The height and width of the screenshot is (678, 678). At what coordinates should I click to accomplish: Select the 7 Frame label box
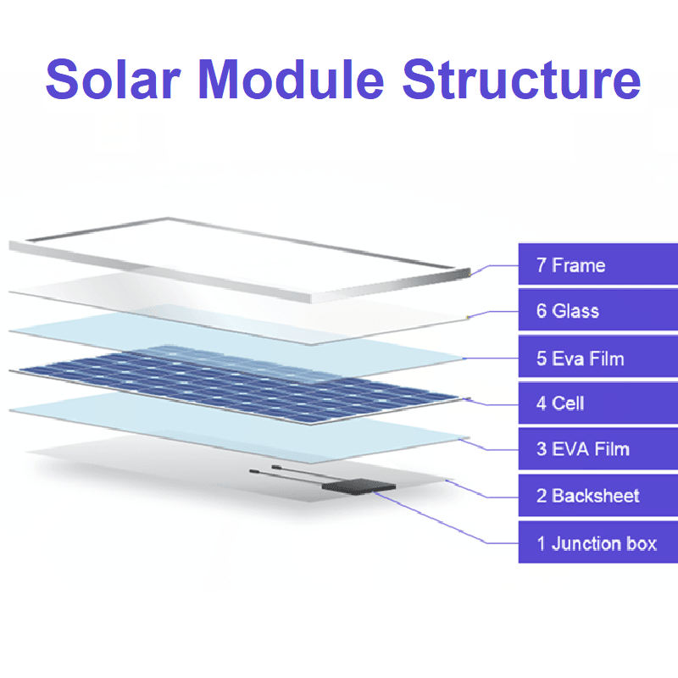coord(598,265)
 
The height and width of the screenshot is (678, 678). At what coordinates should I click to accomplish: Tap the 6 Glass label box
coord(598,311)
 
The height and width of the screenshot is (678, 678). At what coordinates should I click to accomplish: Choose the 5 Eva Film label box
coord(598,358)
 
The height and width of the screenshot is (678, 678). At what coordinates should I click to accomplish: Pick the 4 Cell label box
coord(598,403)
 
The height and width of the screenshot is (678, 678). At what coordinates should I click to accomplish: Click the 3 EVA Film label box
coord(598,449)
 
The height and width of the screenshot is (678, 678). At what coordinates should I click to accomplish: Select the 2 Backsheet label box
coord(598,496)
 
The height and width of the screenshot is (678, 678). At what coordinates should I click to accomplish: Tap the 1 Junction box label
coord(598,542)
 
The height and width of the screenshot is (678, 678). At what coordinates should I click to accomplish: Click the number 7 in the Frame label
coord(541,265)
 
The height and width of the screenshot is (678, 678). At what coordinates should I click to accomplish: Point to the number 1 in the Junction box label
coord(541,543)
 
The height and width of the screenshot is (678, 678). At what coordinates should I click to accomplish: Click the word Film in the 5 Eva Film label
coord(605,358)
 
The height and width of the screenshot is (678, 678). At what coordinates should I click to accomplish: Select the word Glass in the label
coord(575,311)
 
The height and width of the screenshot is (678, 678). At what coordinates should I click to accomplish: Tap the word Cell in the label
coord(568,403)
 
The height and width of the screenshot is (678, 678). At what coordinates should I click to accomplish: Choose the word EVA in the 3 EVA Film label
coord(570,449)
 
